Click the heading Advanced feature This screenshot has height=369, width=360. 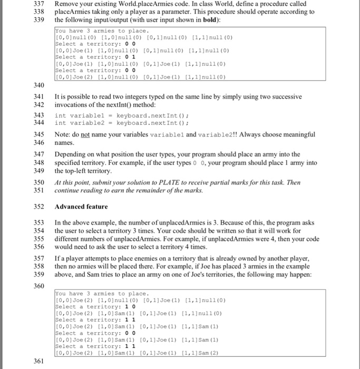(81, 207)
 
